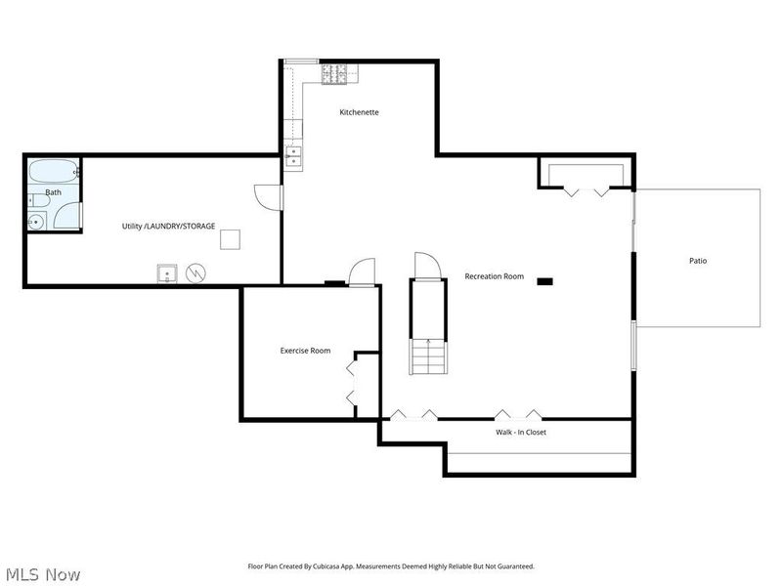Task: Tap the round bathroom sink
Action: coord(36,222)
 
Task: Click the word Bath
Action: coord(53,192)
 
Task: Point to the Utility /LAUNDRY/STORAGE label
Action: coord(168,226)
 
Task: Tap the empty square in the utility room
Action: coord(230,238)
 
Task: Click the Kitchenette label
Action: coord(359,112)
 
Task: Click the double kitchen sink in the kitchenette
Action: coord(291,154)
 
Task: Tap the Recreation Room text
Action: coord(494,276)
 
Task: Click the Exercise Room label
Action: coord(305,351)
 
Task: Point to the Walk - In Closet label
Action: coord(521,431)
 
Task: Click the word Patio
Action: coord(697,261)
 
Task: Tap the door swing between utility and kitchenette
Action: coord(266,195)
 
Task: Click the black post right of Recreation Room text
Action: coord(544,281)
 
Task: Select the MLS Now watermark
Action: coord(43,574)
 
